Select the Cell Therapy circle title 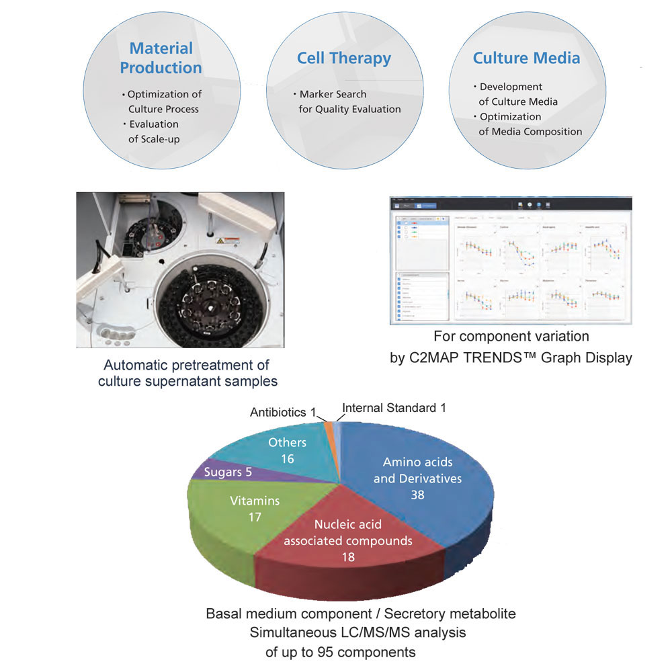tap(343, 58)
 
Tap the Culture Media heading tap(526, 58)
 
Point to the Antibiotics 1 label tap(283, 411)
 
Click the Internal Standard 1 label tap(394, 408)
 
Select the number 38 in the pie tap(418, 494)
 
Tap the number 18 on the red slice tap(347, 556)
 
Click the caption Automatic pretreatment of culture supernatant tap(187, 374)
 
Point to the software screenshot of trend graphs tap(511, 261)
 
